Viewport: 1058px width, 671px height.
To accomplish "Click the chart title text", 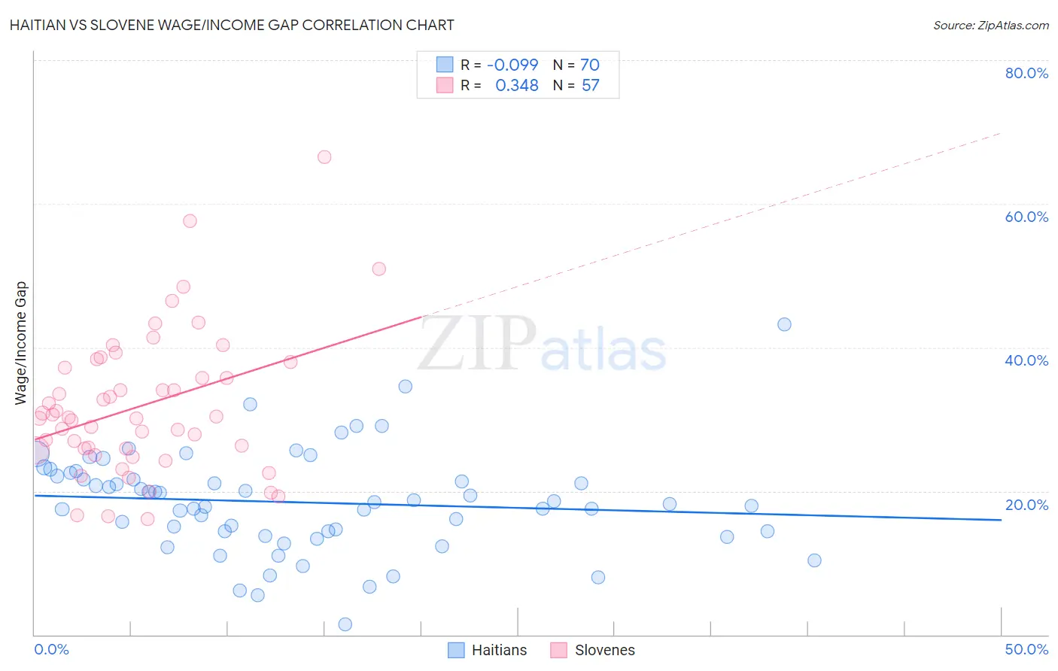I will [x=232, y=25].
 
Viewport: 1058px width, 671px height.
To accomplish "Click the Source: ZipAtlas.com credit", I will [x=990, y=25].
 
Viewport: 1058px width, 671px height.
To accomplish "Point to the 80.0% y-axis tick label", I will [x=1026, y=73].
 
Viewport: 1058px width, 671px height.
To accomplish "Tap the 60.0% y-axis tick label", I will [x=1026, y=217].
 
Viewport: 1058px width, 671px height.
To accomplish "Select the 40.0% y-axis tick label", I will [x=1026, y=360].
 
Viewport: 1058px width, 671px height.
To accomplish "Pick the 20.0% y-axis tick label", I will [x=1026, y=505].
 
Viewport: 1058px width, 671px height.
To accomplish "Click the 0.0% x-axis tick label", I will [x=51, y=649].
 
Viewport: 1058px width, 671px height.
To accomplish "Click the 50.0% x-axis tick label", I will [x=1026, y=649].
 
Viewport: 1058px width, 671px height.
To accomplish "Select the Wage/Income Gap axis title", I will [x=21, y=343].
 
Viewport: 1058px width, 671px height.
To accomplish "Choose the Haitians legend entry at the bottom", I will [x=488, y=650].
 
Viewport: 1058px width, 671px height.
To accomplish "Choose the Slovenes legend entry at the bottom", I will [x=593, y=650].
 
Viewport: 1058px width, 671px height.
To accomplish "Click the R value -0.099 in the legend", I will [x=512, y=65].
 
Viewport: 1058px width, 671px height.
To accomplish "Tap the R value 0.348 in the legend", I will [x=516, y=86].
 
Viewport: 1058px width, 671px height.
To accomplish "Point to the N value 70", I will [x=590, y=65].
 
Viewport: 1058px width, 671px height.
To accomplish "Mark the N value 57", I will [x=590, y=86].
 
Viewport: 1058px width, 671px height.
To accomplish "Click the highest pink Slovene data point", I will [x=324, y=157].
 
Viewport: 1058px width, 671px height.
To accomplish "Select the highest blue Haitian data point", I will [x=784, y=324].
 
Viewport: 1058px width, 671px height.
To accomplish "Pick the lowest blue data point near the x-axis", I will [x=345, y=624].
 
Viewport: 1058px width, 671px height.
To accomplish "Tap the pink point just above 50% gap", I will [x=379, y=269].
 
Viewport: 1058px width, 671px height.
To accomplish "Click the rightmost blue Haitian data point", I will [x=814, y=560].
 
